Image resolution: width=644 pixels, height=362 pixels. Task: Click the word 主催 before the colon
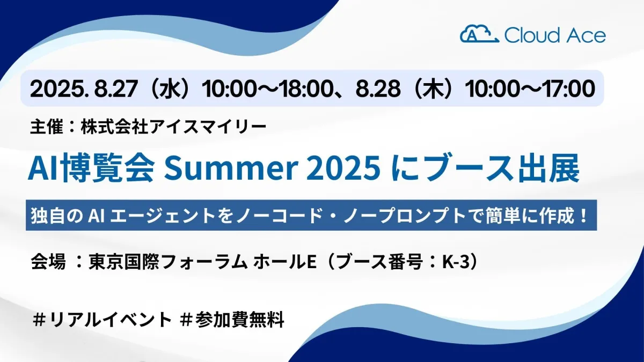point(47,127)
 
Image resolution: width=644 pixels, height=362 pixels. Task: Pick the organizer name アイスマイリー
point(208,127)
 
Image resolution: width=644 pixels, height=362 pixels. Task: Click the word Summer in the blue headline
point(230,168)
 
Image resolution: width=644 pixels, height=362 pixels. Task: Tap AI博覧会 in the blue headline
point(91,169)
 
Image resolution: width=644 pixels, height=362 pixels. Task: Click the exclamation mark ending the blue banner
point(583,215)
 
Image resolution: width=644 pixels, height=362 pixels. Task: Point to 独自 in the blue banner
point(48,216)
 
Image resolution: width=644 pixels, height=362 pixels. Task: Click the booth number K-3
point(456,262)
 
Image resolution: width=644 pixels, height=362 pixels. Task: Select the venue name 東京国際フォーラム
point(168,262)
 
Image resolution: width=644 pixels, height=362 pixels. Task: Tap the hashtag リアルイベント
point(103,320)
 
